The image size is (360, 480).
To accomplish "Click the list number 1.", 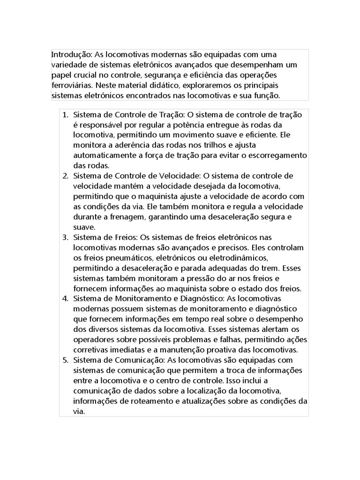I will (x=65, y=114).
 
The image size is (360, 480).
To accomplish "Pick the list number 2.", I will (x=65, y=176).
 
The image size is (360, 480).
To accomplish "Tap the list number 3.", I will (x=65, y=237).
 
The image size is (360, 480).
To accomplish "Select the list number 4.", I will (x=65, y=299).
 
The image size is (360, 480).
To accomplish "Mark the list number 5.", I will (x=65, y=360).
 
